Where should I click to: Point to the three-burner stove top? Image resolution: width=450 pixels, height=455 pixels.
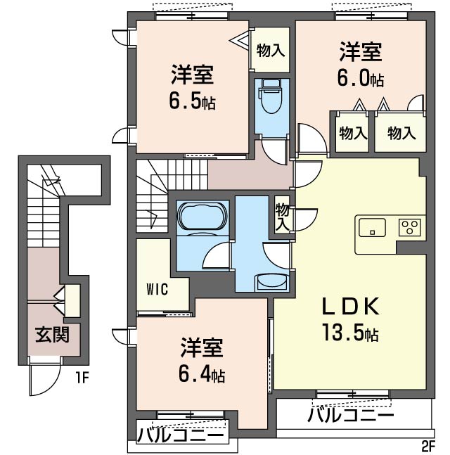pyautogui.click(x=410, y=227)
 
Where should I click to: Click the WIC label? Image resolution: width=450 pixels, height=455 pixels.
pyautogui.click(x=157, y=289)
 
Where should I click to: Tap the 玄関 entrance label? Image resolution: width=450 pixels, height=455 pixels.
pyautogui.click(x=52, y=335)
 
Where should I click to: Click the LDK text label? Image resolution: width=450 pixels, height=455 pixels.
pyautogui.click(x=350, y=307)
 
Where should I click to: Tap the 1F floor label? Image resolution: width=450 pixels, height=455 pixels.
pyautogui.click(x=82, y=378)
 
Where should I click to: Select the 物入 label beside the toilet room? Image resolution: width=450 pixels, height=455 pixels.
pyautogui.click(x=271, y=50)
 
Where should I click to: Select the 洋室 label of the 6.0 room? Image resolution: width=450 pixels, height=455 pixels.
pyautogui.click(x=361, y=51)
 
